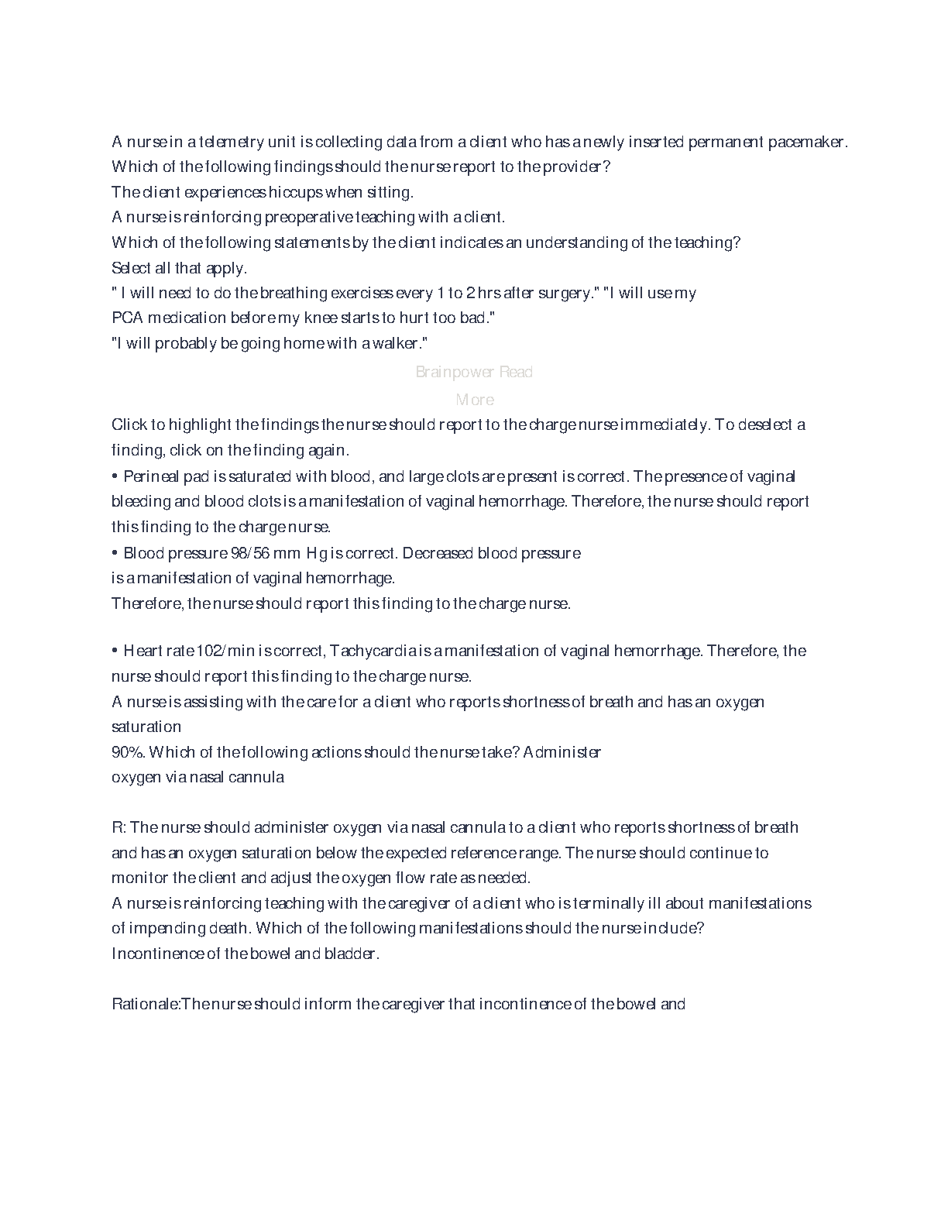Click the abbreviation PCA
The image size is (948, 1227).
click(x=127, y=318)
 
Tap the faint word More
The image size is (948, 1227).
click(x=475, y=400)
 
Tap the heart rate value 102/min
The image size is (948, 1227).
click(x=221, y=651)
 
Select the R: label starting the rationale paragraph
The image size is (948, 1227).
click(x=118, y=827)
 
